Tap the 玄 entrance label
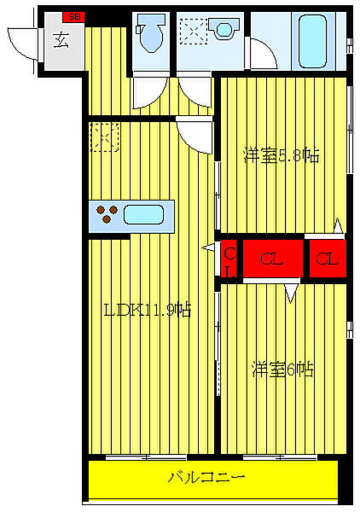tap(62, 38)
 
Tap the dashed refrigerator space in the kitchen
tap(104, 137)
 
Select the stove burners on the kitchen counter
tap(107, 213)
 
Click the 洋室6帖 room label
tap(282, 369)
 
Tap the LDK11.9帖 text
tap(146, 310)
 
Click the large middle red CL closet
tap(274, 259)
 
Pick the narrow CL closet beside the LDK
tap(229, 259)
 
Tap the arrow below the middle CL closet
tap(292, 294)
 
